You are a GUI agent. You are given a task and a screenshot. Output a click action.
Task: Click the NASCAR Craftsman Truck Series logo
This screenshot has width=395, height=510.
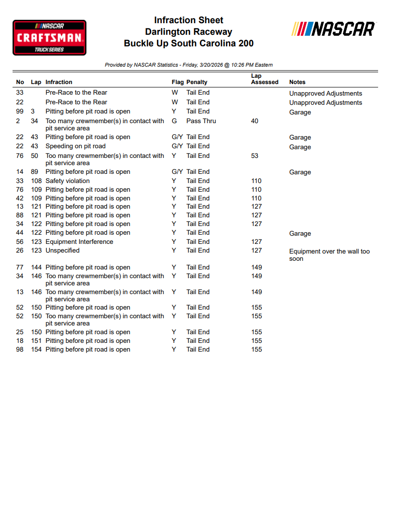pos(49,37)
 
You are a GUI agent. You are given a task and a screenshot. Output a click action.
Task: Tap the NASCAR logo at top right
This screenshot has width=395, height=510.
pos(333,29)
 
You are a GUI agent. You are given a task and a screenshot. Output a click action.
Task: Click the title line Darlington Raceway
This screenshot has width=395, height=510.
pos(189,32)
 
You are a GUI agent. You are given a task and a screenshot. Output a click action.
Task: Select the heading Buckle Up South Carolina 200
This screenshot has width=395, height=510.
pos(189,43)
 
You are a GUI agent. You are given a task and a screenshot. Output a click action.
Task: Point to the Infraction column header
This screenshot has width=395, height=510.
pos(59,82)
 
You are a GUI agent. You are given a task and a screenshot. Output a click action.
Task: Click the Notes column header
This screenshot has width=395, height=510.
pos(297,82)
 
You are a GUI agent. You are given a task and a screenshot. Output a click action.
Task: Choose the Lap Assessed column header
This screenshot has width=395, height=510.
pos(265,79)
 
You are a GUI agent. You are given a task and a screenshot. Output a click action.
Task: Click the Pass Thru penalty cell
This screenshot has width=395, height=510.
pos(201,121)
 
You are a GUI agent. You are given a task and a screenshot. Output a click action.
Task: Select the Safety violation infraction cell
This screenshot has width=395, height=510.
pos(68,181)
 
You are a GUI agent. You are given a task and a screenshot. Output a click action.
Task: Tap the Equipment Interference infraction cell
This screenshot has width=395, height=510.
pos(79,242)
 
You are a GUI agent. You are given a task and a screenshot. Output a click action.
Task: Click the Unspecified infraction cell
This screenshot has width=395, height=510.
pos(62,251)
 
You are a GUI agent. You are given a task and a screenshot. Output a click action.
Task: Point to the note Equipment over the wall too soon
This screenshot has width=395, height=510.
pos(329,255)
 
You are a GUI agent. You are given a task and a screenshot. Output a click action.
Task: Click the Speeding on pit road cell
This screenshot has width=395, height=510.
pos(75,146)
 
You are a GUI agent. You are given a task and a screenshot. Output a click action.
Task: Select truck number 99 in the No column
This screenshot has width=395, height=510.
pos(20,112)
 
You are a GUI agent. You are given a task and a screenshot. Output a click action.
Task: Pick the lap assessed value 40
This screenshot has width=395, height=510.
pos(254,121)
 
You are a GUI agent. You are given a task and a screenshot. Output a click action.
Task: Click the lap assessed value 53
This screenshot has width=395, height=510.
pos(254,156)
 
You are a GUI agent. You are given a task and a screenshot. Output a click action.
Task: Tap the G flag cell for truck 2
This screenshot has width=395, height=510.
pos(174,121)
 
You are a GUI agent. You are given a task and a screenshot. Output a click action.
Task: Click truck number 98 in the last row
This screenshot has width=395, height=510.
pos(20,350)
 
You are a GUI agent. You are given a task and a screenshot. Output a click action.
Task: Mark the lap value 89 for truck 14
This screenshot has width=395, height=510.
pos(35,172)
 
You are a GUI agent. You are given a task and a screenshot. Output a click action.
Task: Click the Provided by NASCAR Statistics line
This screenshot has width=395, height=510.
pos(189,65)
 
